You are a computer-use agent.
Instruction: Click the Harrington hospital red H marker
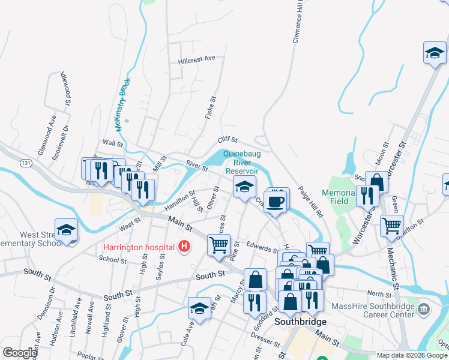184,246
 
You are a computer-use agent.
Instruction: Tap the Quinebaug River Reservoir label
242,162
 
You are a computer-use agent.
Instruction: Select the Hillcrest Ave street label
196,59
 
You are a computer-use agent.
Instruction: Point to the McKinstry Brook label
121,108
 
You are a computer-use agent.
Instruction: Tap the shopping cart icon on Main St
218,244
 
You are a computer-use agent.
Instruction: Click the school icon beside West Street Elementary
66,229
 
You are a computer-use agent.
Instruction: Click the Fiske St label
209,108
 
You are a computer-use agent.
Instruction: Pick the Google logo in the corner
19,353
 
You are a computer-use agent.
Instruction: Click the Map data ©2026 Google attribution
412,355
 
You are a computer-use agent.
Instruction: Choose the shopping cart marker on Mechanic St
391,226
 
